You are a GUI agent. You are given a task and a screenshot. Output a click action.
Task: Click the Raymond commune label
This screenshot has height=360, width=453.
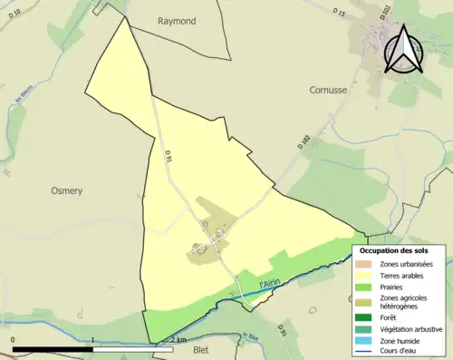(177, 21)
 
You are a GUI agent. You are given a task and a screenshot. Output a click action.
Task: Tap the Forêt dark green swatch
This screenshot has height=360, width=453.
(368, 318)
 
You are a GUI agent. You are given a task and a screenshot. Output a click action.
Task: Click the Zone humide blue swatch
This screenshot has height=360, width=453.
(368, 341)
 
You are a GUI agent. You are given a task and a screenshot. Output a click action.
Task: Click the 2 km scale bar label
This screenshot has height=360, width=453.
(179, 341)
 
